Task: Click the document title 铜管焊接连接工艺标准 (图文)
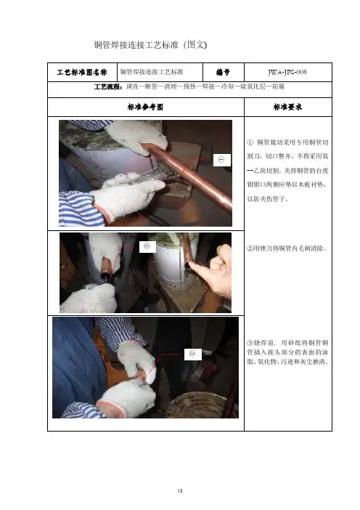[x=150, y=45]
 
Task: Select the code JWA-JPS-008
[x=287, y=72]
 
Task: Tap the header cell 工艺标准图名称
[x=82, y=72]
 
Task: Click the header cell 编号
[x=224, y=72]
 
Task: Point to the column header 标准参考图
[x=145, y=107]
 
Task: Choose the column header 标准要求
[x=287, y=107]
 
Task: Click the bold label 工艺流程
[x=108, y=87]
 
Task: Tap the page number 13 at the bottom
[x=180, y=491]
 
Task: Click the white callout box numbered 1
[x=222, y=160]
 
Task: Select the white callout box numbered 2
[x=147, y=246]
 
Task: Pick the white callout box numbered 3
[x=192, y=354]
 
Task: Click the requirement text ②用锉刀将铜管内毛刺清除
[x=287, y=248]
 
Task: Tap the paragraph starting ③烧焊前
[x=287, y=352]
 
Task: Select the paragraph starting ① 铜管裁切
[x=287, y=171]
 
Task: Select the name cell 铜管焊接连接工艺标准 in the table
[x=152, y=72]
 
